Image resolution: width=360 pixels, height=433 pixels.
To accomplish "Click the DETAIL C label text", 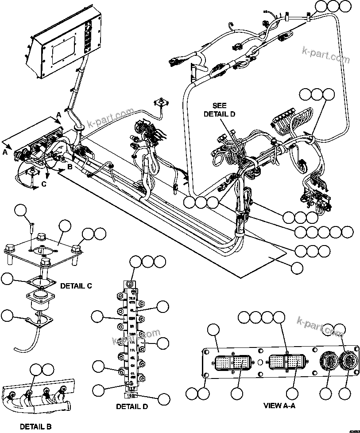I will point(75,286).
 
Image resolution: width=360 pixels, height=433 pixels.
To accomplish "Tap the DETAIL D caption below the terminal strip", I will point(132,406).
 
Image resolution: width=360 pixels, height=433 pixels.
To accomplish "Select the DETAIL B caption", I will point(35,427).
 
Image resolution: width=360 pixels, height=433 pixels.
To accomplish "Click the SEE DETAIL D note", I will point(219,110).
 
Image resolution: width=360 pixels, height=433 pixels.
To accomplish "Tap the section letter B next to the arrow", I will point(70,167).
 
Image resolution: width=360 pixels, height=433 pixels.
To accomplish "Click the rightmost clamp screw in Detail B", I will point(63,390).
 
